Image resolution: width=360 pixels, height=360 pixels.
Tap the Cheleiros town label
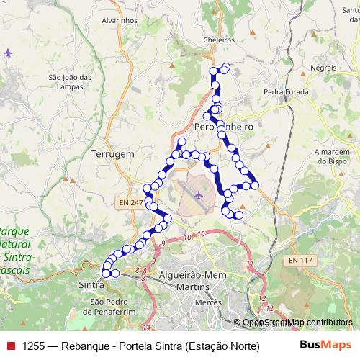(x=220, y=41)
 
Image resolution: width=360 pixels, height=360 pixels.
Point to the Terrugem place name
(x=113, y=154)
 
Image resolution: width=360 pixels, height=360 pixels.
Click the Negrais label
(x=324, y=67)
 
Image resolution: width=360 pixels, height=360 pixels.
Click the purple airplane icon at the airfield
(x=199, y=194)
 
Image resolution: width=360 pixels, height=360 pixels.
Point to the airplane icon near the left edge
(x=8, y=53)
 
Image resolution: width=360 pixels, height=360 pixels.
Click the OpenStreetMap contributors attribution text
(x=297, y=323)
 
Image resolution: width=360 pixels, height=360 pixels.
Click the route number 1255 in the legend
(x=35, y=346)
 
